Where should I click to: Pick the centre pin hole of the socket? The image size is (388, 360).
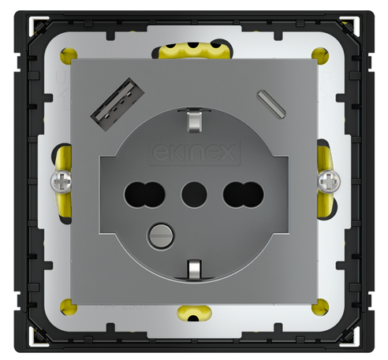192,192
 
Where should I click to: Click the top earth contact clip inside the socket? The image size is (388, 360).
192,122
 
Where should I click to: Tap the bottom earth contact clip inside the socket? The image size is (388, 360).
192,270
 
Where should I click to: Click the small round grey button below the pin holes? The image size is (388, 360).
160,233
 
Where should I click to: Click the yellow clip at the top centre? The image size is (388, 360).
192,51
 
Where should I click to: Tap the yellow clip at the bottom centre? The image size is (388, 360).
192,314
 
